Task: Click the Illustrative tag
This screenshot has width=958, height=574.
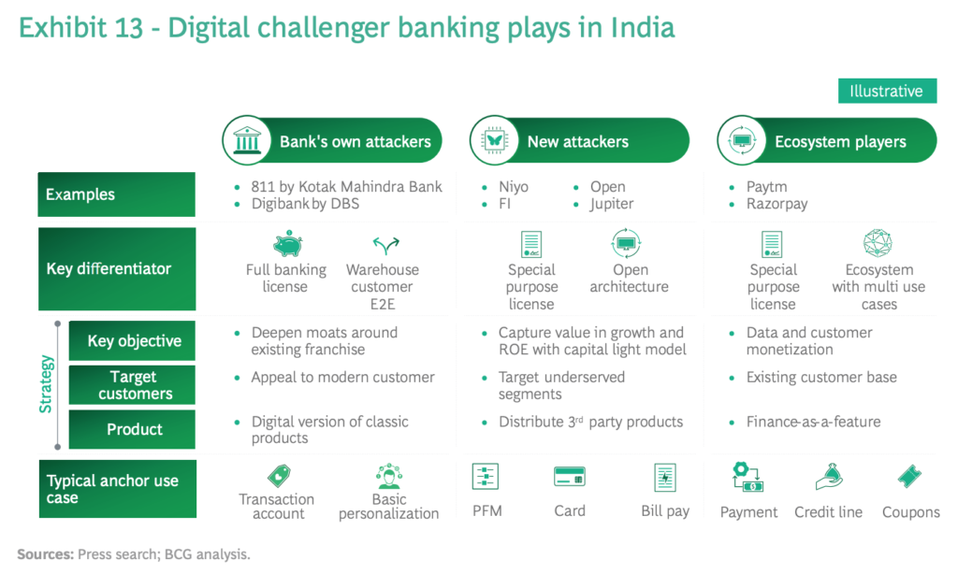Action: tap(887, 91)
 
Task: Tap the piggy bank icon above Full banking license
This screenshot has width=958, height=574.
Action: tap(287, 244)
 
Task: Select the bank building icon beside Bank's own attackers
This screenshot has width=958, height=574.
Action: tap(247, 140)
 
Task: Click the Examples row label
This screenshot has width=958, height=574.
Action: tap(117, 194)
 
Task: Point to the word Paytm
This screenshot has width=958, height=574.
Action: tap(767, 186)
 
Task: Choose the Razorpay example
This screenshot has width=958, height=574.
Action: tap(777, 204)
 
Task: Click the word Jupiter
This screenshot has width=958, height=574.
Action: tap(612, 204)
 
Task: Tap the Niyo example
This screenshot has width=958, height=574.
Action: tap(514, 186)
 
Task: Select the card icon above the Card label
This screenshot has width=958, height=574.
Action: tap(570, 476)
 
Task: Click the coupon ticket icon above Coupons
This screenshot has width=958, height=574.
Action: tap(909, 476)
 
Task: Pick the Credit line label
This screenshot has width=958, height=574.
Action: tap(828, 511)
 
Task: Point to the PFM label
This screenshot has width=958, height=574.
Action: tap(486, 510)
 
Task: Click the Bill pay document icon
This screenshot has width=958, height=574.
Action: tap(665, 477)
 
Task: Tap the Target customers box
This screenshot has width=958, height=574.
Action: tap(132, 385)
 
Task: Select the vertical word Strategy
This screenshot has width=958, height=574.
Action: tap(46, 384)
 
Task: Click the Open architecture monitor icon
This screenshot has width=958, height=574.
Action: tap(626, 244)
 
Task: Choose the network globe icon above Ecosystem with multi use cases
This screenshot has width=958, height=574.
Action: tap(878, 243)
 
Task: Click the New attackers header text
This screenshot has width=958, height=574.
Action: tap(577, 142)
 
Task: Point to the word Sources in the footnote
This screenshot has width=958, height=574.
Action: tap(45, 554)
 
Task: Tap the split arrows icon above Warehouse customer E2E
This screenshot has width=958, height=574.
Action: tap(385, 245)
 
